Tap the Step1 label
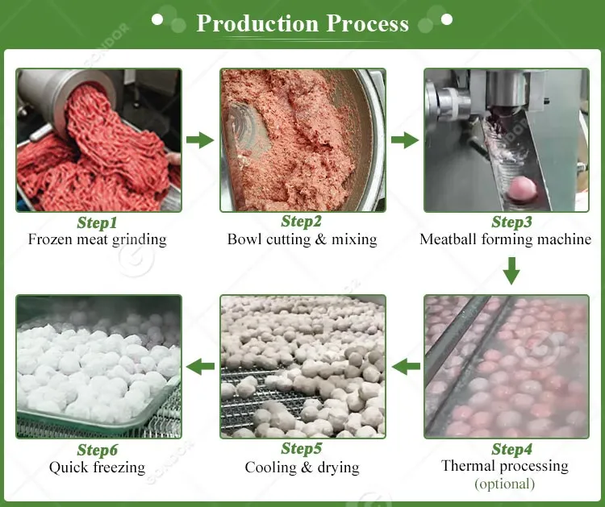(98, 222)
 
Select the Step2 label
(302, 222)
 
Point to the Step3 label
(506, 222)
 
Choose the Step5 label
(302, 449)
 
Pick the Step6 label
(98, 449)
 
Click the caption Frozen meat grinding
(98, 239)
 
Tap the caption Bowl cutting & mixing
(302, 239)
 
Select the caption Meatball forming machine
(506, 239)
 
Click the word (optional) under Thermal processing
(505, 484)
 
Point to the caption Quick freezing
(98, 467)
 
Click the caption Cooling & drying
(302, 467)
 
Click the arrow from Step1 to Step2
(200, 140)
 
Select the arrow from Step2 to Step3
(404, 140)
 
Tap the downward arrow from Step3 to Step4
(511, 271)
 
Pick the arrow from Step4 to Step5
(406, 368)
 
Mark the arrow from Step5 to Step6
(200, 368)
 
